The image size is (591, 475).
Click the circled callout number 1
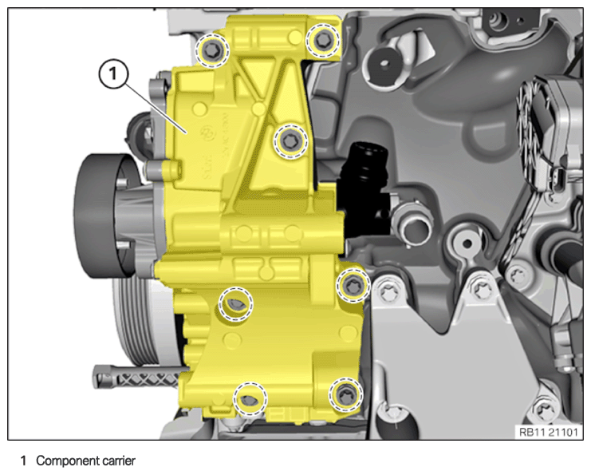[x=113, y=74]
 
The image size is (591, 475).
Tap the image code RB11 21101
[x=549, y=432]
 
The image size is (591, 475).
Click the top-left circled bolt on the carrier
[x=212, y=50]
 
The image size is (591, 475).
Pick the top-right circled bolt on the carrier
[x=323, y=41]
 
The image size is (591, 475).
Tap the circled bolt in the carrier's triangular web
[x=290, y=141]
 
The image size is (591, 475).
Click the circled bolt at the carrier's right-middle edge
[x=353, y=286]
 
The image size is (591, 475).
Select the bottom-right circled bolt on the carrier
[x=345, y=394]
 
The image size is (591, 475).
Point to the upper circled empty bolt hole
[x=236, y=303]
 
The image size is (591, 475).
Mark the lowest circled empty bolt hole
[x=250, y=399]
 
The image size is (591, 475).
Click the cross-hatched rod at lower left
[x=140, y=377]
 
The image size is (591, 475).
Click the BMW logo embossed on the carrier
[x=207, y=133]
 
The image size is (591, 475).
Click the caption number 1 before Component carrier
[x=23, y=461]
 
